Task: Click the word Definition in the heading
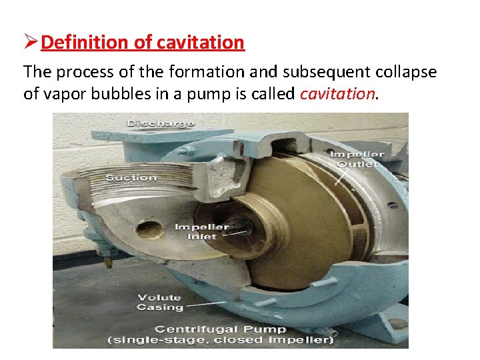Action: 87,43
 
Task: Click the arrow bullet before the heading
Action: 31,43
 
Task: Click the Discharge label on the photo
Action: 160,123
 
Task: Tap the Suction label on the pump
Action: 131,177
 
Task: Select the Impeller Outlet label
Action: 357,159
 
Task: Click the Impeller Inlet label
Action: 201,231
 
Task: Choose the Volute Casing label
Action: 159,302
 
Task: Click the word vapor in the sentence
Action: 57,94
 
